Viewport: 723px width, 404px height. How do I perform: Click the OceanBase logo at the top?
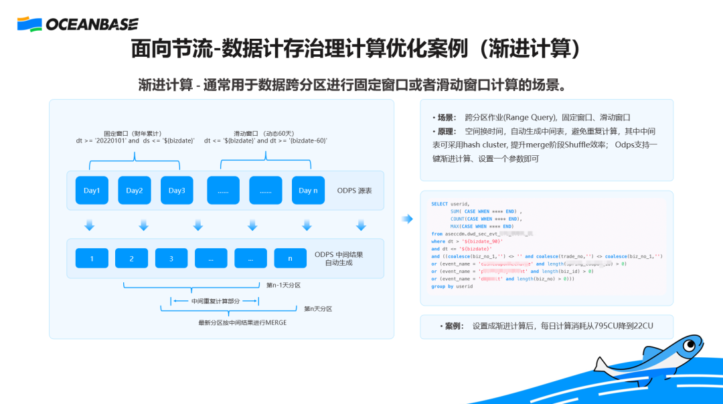point(78,25)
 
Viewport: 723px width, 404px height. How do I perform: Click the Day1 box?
point(92,191)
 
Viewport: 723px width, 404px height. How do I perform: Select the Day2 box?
point(135,191)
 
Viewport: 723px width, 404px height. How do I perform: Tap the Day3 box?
point(177,191)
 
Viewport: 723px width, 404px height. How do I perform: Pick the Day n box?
point(308,191)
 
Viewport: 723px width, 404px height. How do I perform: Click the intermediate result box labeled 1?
point(92,258)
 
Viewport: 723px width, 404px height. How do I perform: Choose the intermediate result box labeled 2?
point(131,258)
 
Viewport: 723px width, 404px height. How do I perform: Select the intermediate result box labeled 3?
point(171,258)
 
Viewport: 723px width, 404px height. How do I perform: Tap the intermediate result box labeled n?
point(290,258)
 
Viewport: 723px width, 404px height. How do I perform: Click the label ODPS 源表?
point(354,191)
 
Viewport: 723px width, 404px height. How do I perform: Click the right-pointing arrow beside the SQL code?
point(407,219)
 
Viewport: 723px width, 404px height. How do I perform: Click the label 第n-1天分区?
point(283,286)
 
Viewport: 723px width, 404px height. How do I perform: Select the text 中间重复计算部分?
point(215,301)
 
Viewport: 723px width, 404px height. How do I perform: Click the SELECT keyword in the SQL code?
point(439,204)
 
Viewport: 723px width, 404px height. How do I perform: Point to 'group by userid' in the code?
point(452,286)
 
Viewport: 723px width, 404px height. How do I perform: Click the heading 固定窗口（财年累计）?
point(133,133)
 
